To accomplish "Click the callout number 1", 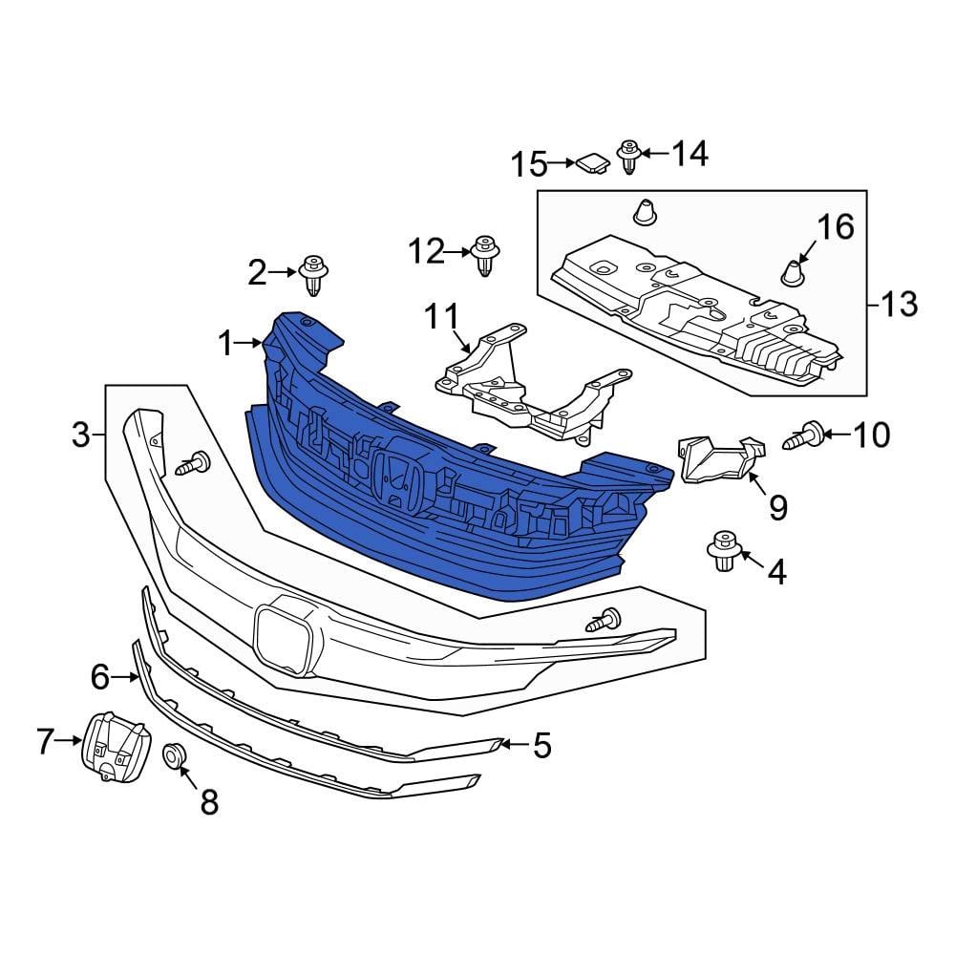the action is coord(226,344).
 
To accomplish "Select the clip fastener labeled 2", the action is coord(313,275).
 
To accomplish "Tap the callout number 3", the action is coord(80,435).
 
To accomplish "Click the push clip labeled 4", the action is coord(724,551).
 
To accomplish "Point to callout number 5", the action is coord(541,745).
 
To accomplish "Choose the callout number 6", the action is coord(100,677).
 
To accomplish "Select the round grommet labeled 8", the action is coord(174,755).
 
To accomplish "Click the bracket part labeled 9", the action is coord(722,458).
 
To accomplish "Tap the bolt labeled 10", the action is coord(803,435).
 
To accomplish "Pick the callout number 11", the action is coord(442,317).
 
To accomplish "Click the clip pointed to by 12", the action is coord(485,256).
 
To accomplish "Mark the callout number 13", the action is coord(899,304).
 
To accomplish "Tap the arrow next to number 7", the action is coord(69,741).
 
